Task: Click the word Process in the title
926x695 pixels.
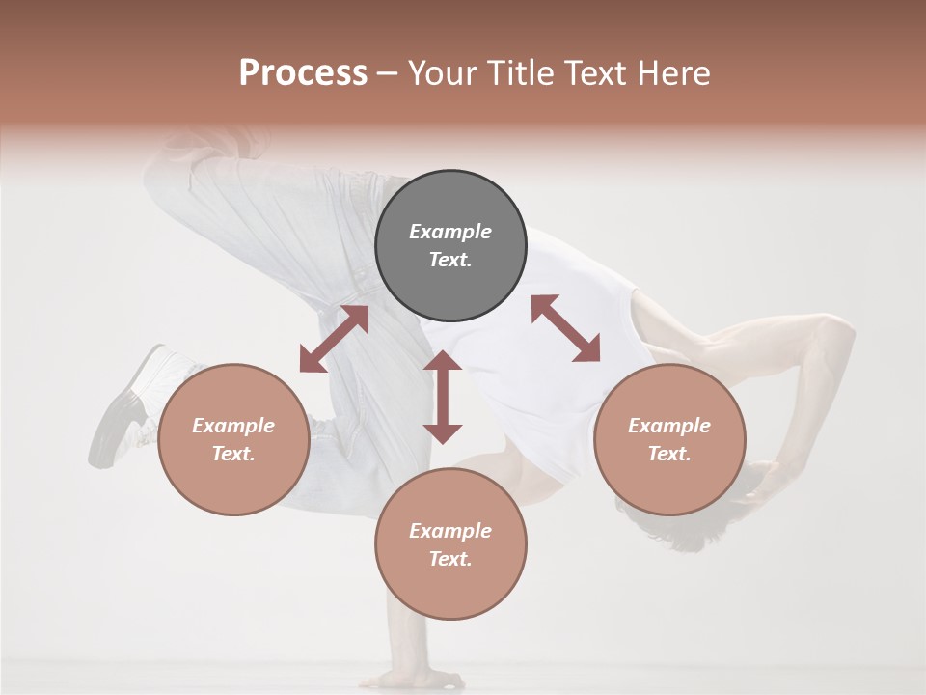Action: pos(303,73)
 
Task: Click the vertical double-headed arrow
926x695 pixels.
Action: pos(443,397)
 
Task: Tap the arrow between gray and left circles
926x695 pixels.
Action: pos(334,339)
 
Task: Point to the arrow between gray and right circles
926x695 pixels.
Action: pos(565,328)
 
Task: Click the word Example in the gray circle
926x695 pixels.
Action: pos(450,232)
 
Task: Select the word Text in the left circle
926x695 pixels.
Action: pos(232,454)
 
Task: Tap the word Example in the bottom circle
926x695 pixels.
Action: pos(450,531)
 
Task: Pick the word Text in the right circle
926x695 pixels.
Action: pos(668,454)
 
